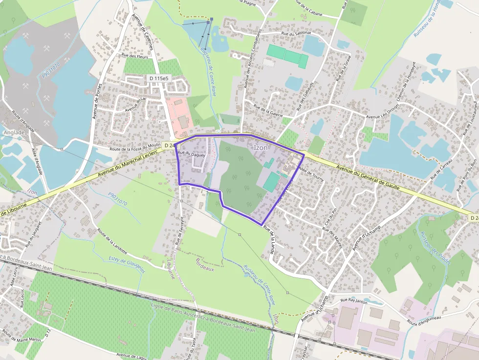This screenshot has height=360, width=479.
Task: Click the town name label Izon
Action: (261, 148)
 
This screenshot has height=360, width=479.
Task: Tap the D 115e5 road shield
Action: (159, 78)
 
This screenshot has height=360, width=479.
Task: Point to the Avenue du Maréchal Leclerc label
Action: (128, 163)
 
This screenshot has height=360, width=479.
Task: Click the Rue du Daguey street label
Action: (191, 154)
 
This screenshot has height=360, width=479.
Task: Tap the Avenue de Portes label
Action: (97, 100)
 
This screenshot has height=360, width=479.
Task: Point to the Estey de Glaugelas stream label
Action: (127, 263)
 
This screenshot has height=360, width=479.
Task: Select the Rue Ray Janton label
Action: (353, 300)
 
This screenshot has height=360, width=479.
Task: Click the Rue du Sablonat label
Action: (282, 34)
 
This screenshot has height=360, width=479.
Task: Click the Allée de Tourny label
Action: (311, 174)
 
